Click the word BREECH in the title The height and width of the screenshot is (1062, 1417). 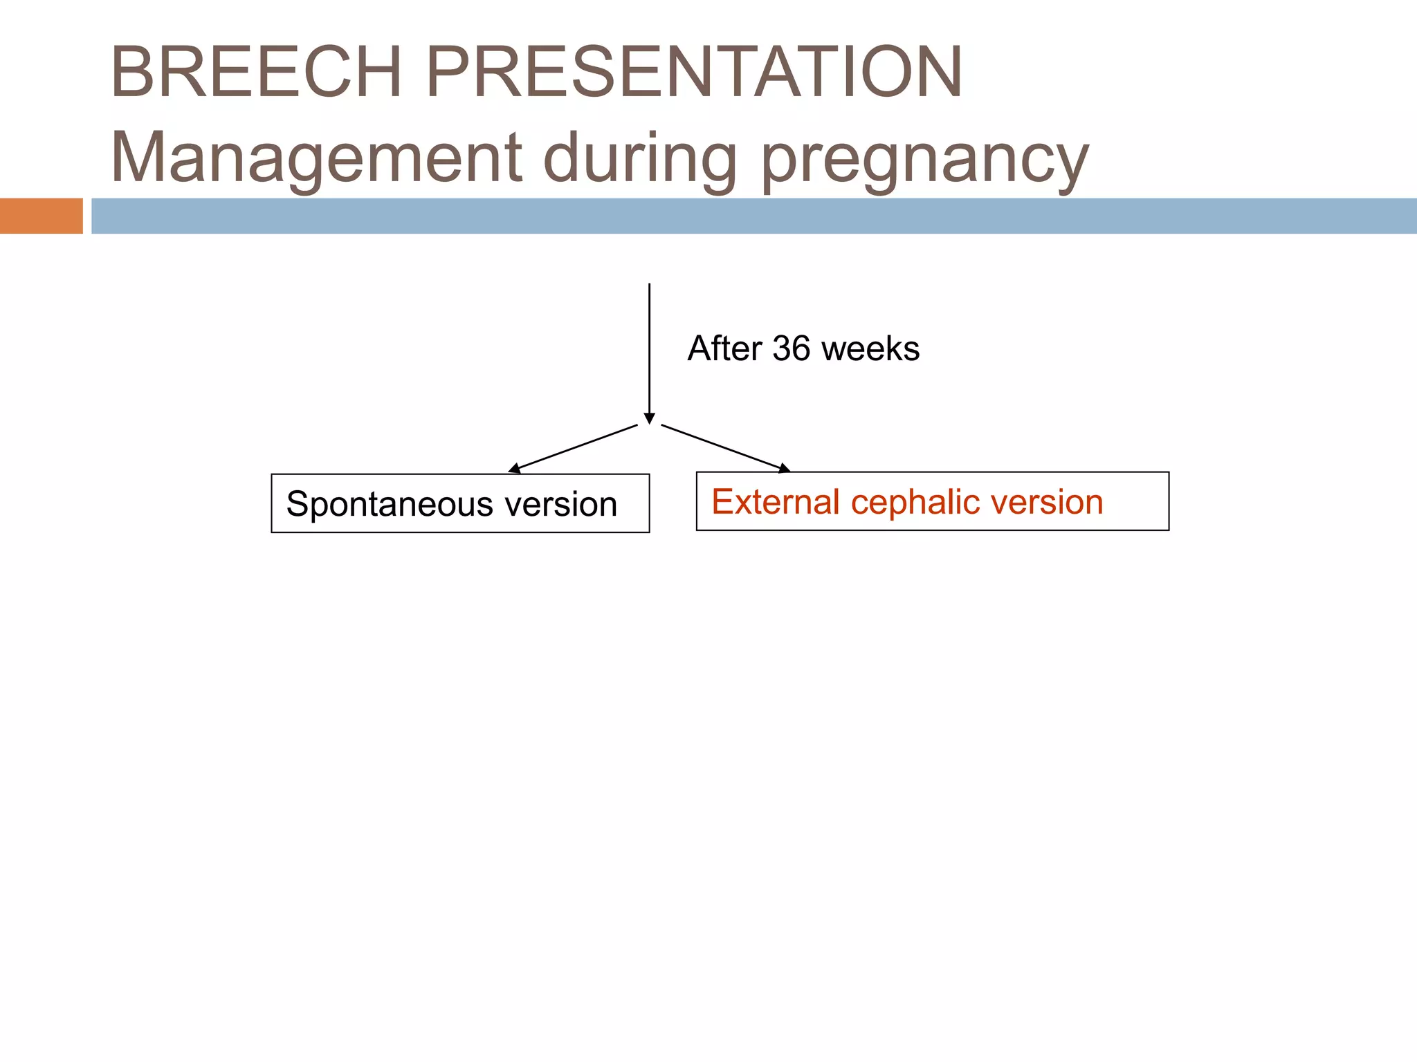tap(256, 72)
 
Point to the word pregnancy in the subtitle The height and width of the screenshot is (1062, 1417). tap(924, 160)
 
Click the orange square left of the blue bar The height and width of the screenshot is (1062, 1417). tap(41, 216)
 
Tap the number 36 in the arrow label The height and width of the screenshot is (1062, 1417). tap(791, 348)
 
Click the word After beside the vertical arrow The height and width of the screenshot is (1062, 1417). tap(724, 348)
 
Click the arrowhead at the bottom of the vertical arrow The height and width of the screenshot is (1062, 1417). tap(649, 418)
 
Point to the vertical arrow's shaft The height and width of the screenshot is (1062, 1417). tap(649, 346)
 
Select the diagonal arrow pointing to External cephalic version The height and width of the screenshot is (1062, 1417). tap(725, 448)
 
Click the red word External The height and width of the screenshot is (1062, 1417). tap(776, 502)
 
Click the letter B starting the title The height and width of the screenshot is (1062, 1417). tap(132, 72)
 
